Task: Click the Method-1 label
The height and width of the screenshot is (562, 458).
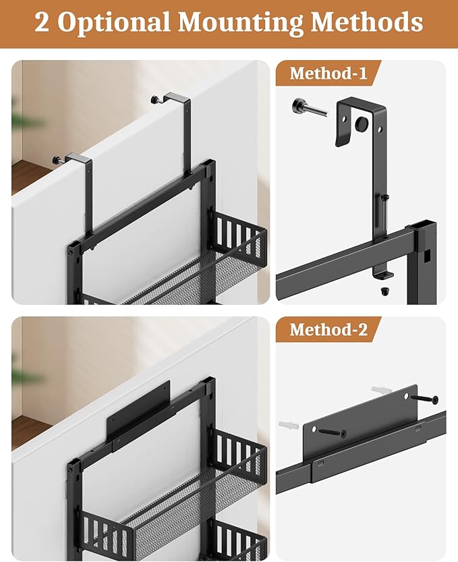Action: (x=328, y=73)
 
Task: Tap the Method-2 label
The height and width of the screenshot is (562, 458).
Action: (x=328, y=330)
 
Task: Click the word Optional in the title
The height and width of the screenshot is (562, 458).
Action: (x=113, y=23)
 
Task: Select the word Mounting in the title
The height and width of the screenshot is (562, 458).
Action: (x=239, y=23)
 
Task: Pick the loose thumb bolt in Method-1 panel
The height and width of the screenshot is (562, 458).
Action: (x=309, y=108)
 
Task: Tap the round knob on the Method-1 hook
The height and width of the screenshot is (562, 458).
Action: (x=362, y=123)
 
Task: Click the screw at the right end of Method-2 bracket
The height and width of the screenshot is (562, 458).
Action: (x=426, y=399)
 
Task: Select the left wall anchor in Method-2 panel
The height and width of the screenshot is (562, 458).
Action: (x=288, y=425)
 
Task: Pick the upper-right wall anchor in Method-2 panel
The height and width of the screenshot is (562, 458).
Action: (x=380, y=390)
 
